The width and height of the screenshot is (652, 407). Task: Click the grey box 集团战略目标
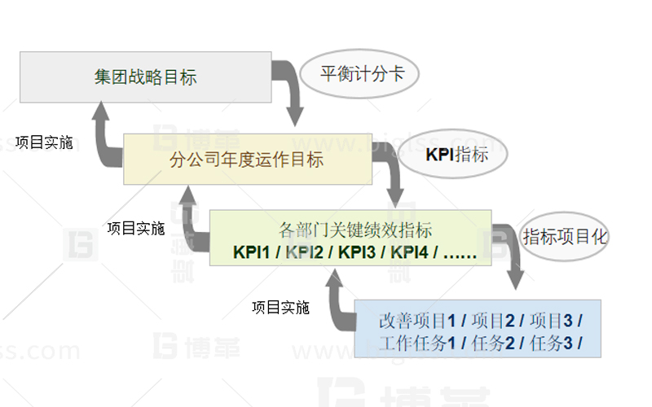coord(145,78)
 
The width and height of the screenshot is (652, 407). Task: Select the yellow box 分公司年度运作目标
coord(247,159)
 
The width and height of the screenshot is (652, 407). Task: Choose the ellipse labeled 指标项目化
coord(565,237)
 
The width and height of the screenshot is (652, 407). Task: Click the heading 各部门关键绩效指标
coord(355,229)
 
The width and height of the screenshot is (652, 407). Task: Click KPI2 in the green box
coord(303,252)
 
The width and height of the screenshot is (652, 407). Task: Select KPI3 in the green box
coord(355,252)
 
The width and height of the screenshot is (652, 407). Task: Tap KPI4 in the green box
coord(407,252)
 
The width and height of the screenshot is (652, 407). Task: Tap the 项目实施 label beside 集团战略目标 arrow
coord(44,143)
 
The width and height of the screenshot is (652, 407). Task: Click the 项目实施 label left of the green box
coord(136,229)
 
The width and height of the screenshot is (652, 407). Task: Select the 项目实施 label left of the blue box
coord(281,308)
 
